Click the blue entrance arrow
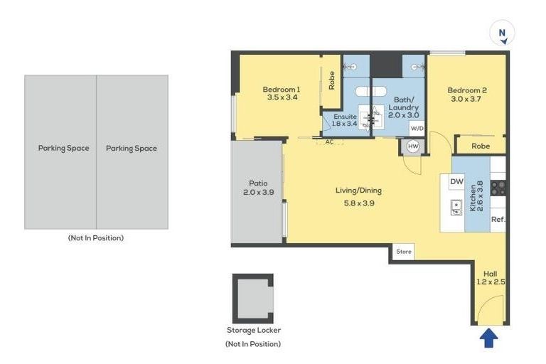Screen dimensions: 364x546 pyautogui.click(x=488, y=338)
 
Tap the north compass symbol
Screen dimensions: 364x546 pyautogui.click(x=502, y=33)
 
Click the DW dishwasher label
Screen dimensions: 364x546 pyautogui.click(x=456, y=182)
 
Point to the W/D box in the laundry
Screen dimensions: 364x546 pyautogui.click(x=417, y=128)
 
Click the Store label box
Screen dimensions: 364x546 pyautogui.click(x=403, y=252)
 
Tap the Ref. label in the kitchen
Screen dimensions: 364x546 pyautogui.click(x=498, y=219)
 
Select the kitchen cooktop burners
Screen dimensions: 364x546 pyautogui.click(x=498, y=188)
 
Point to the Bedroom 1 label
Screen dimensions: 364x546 pyautogui.click(x=281, y=89)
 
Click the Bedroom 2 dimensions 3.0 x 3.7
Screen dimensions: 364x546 pyautogui.click(x=466, y=100)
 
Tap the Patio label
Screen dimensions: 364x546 pyautogui.click(x=257, y=183)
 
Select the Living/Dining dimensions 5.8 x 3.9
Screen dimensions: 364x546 pyautogui.click(x=358, y=203)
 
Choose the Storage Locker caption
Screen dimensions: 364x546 pyautogui.click(x=253, y=330)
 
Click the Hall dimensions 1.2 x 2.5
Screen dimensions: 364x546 pyautogui.click(x=490, y=282)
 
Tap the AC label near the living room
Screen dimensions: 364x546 pyautogui.click(x=329, y=141)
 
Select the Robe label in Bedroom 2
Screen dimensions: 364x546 pyautogui.click(x=481, y=146)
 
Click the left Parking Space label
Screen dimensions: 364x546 pyautogui.click(x=63, y=149)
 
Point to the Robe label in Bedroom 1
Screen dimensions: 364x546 pyautogui.click(x=331, y=80)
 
